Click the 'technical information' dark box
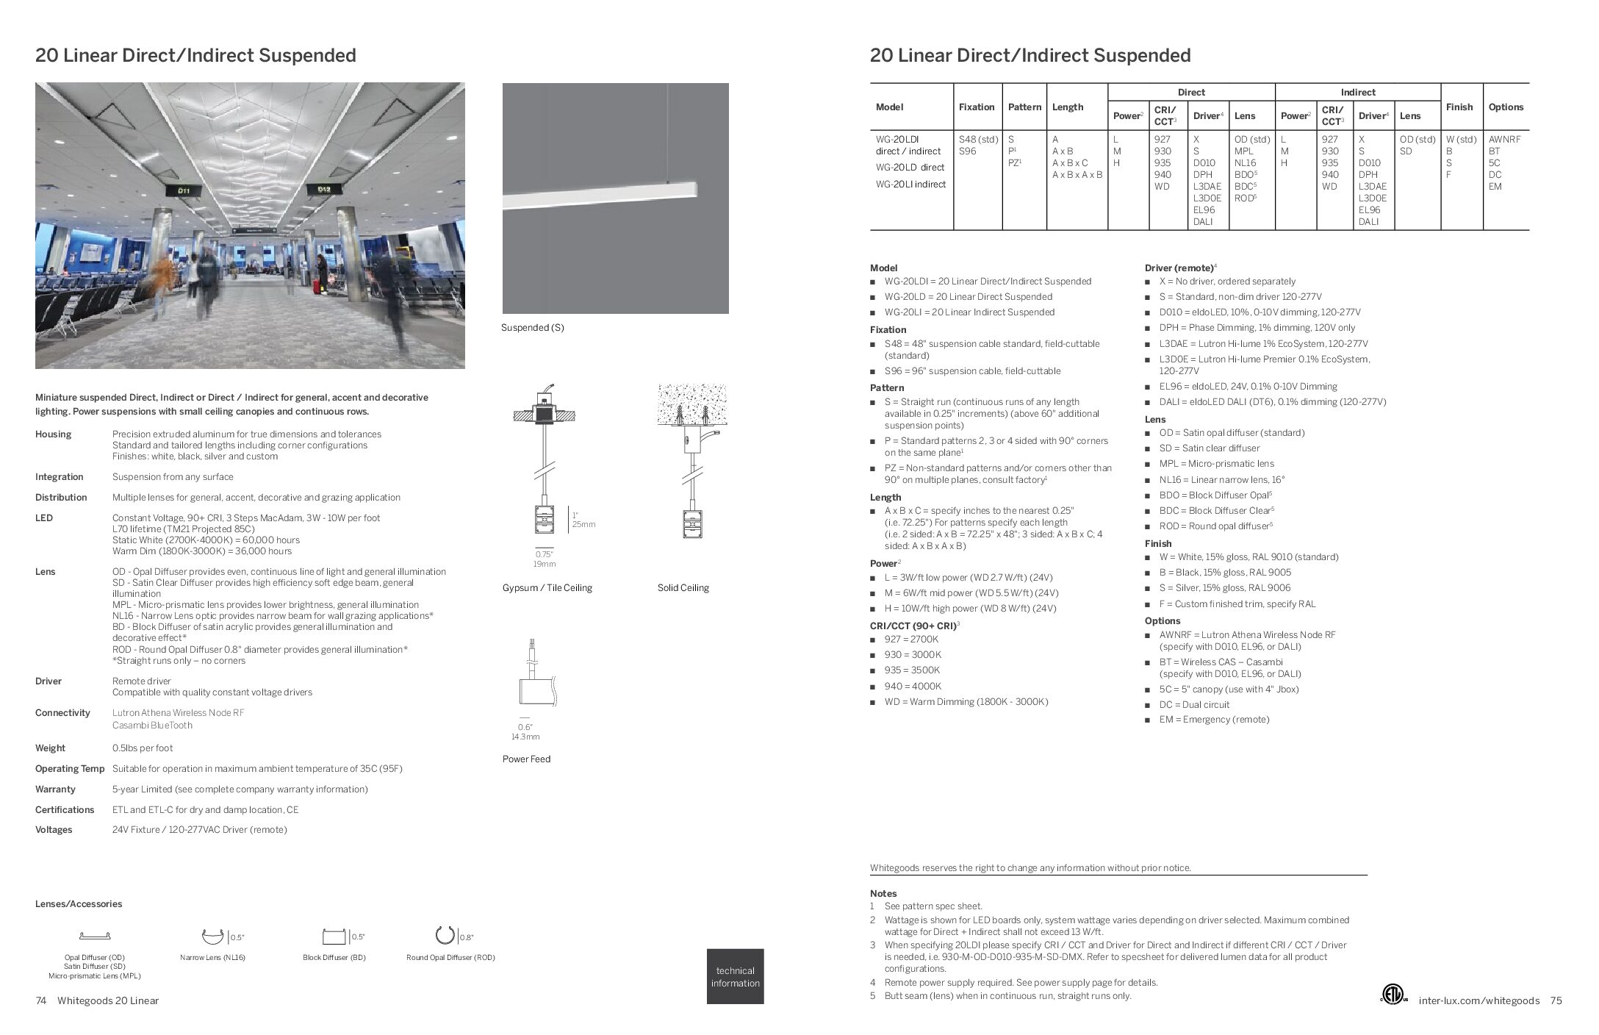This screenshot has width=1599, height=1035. point(735,976)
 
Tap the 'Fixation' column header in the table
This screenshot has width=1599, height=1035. point(976,107)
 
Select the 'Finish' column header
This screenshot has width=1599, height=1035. point(1459,107)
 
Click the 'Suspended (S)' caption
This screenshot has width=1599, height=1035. point(532,328)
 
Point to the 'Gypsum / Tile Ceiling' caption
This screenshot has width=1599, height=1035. point(547,588)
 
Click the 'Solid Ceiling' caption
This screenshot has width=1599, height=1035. point(683,588)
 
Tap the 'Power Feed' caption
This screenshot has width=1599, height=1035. point(526,759)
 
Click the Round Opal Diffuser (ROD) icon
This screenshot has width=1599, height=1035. point(445,935)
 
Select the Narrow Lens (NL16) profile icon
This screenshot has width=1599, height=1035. point(212,936)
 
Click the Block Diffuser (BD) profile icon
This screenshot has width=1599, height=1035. point(334,937)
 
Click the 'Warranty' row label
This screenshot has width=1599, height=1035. point(55,789)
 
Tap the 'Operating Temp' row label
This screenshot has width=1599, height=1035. point(70,769)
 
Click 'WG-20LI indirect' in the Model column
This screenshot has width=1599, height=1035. point(910,185)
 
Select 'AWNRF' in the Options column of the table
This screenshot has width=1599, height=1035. point(1504,140)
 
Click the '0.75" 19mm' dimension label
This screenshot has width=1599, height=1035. point(544,559)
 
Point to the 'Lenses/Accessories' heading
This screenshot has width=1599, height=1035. point(79,904)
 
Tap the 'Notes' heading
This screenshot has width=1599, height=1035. point(883,894)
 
